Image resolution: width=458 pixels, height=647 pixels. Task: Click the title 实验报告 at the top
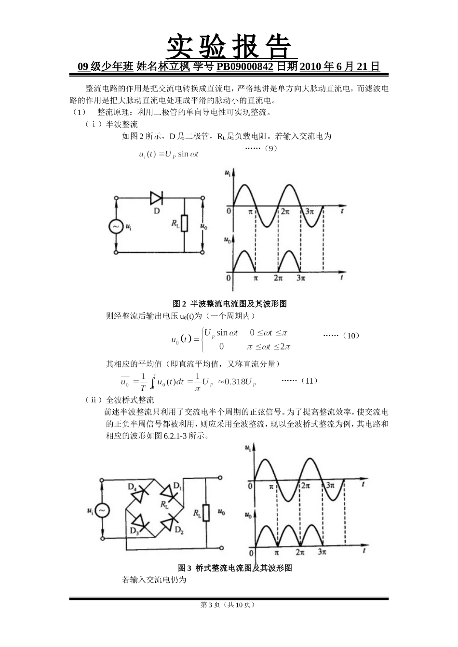click(229, 47)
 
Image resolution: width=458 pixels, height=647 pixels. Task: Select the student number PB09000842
click(245, 67)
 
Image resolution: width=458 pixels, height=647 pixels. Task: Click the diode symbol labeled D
click(157, 197)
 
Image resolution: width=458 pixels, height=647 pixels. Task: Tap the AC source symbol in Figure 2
click(116, 226)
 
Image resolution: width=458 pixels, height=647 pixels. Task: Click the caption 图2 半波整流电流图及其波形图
click(229, 304)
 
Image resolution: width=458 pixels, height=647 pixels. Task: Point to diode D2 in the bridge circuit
click(169, 522)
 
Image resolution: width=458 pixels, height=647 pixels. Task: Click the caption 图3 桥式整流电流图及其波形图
click(235, 568)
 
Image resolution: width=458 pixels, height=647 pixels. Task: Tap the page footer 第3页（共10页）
click(229, 605)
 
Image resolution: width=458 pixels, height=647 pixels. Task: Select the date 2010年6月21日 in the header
click(340, 67)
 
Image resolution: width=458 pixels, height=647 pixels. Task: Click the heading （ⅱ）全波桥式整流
click(119, 400)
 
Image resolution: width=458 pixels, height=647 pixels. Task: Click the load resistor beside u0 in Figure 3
click(206, 513)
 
